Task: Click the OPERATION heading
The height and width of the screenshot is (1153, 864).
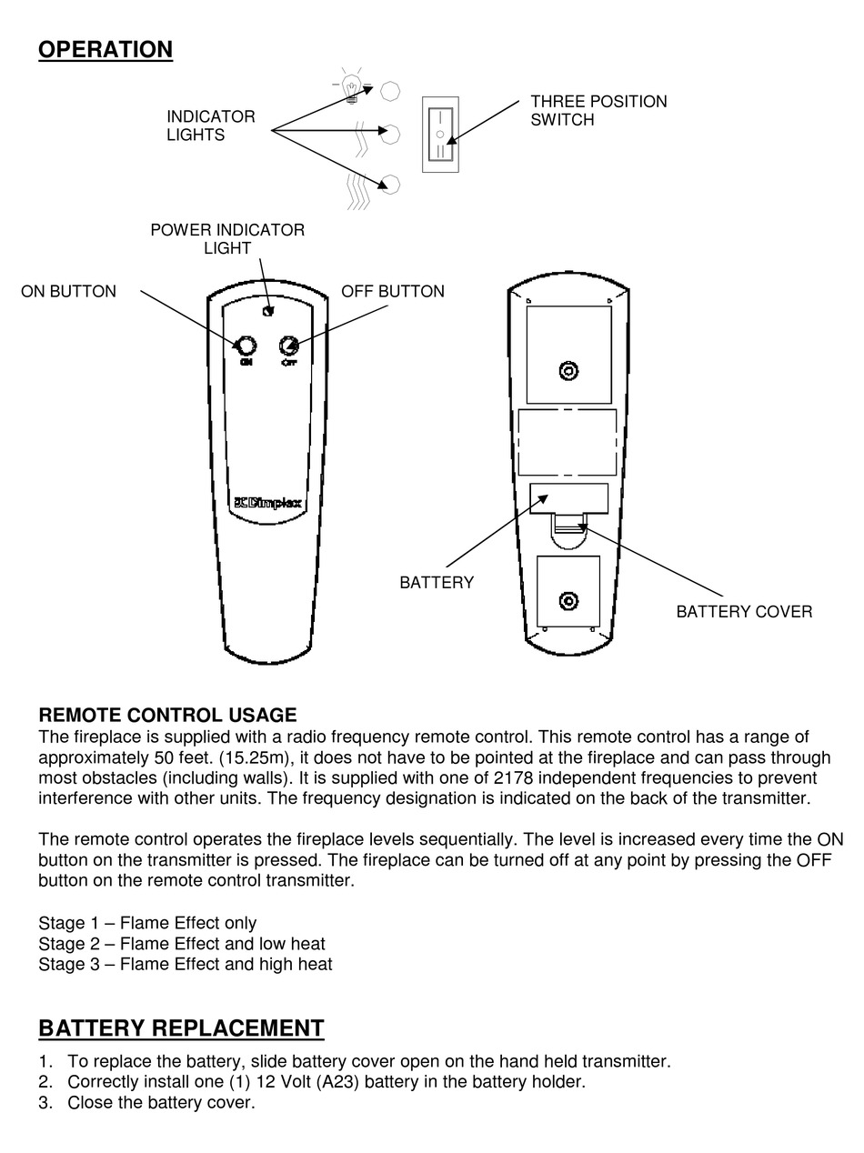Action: click(105, 49)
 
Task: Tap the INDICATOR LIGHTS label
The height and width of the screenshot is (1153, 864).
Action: click(210, 125)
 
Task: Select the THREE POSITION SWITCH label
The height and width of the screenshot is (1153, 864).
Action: click(598, 110)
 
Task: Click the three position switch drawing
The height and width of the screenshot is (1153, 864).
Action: click(440, 135)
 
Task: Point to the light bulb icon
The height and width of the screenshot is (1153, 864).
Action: click(350, 87)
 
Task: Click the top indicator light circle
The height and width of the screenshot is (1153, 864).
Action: click(390, 90)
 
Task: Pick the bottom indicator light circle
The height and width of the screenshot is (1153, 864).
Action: click(390, 185)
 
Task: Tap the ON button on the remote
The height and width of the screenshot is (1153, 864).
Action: click(246, 346)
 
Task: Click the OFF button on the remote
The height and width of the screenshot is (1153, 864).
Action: click(288, 346)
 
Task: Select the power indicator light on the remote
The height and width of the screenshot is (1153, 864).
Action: click(266, 311)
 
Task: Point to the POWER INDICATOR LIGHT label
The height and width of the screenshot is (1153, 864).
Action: click(227, 238)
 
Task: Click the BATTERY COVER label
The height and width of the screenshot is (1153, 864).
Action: click(743, 612)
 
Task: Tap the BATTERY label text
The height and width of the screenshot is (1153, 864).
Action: click(437, 583)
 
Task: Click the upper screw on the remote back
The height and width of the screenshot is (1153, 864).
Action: click(568, 371)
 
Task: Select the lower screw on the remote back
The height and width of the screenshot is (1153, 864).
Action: click(568, 601)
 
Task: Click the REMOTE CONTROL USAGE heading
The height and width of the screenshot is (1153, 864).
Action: click(167, 716)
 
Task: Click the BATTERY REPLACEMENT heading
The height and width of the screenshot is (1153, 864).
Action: click(181, 1028)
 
